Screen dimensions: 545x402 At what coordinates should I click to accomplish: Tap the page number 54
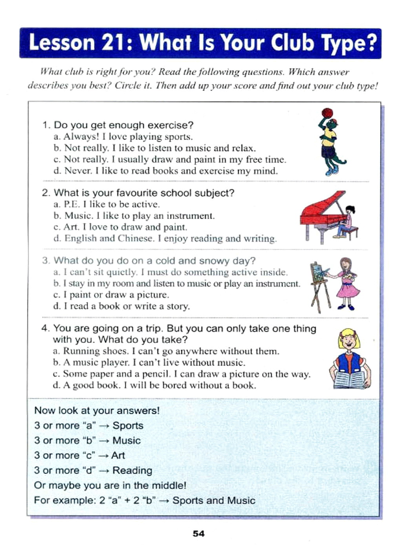pos(199,533)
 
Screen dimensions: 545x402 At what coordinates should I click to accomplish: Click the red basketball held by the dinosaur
pos(327,113)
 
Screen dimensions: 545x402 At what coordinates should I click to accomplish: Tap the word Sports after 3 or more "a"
pos(128,426)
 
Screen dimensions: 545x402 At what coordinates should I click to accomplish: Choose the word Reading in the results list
pos(132,470)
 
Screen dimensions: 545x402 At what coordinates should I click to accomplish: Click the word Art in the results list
pos(118,455)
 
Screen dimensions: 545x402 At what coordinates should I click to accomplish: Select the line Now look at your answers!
pos(97,411)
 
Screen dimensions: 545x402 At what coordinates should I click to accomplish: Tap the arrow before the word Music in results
pos(104,441)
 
